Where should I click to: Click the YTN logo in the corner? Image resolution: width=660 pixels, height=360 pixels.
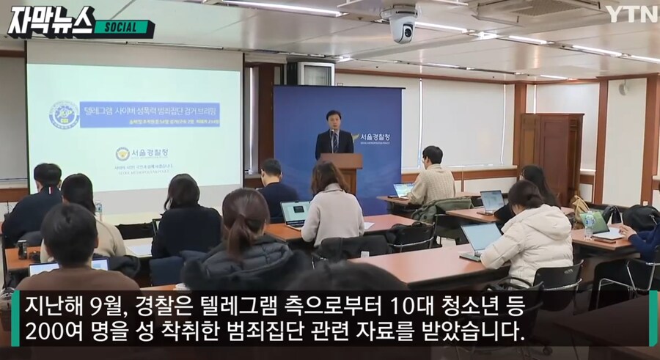tap(631, 13)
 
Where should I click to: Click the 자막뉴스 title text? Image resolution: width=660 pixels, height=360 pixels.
tap(51, 21)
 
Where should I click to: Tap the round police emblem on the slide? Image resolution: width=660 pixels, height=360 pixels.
tap(64, 114)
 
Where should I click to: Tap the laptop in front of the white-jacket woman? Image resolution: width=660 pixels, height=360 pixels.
tap(480, 239)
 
